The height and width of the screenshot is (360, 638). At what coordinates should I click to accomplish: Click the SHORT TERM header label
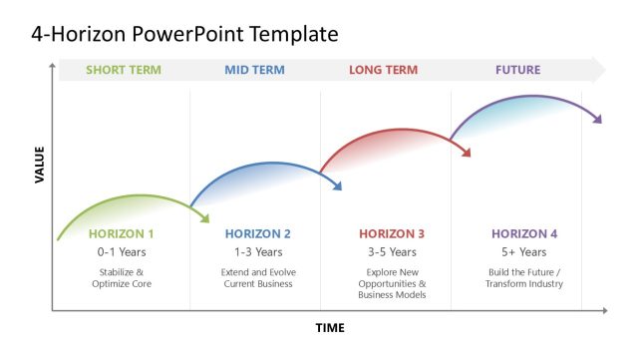coord(123,70)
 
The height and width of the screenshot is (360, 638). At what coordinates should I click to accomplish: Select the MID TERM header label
coord(254,70)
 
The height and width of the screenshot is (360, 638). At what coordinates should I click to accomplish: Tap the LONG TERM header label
coord(385,70)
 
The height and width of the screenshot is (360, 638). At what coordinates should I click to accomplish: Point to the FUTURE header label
coord(517,70)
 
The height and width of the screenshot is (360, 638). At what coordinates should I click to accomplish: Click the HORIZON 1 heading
coord(122,234)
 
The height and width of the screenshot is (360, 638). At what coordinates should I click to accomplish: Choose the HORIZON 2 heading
coord(258,234)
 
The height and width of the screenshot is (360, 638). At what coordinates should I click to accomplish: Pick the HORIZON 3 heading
coord(392,234)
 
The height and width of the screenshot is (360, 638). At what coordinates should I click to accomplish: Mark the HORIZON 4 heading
coord(524,234)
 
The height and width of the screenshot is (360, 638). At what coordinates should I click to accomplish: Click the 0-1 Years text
coord(122,252)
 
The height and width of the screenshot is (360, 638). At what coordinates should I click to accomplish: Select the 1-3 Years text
coord(258,252)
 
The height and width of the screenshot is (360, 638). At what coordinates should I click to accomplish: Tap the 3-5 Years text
coord(392,252)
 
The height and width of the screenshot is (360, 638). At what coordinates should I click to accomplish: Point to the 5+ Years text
coord(524,252)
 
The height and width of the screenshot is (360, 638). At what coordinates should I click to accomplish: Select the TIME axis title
coord(330,328)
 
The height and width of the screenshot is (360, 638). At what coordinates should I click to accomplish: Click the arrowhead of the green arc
coord(205,216)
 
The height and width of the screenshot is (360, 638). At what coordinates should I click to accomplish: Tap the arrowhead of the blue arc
coord(338,184)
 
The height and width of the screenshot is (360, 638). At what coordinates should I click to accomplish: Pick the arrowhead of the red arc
coord(466,152)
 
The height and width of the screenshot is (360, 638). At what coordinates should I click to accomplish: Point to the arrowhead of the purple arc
coord(598,119)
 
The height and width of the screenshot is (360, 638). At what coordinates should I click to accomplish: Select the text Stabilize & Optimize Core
coord(122,277)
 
